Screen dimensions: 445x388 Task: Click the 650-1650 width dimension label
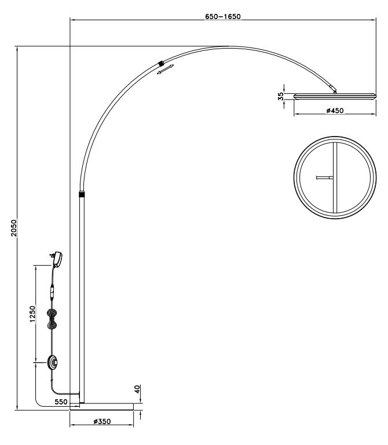223,17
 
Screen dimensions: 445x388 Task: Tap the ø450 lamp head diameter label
335,111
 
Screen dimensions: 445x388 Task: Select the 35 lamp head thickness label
281,97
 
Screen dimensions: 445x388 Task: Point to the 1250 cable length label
33,314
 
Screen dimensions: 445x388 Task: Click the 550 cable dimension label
61,401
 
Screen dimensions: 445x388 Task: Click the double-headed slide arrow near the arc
166,70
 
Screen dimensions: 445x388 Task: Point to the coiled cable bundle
53,318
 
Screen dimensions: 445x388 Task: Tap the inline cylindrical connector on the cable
53,290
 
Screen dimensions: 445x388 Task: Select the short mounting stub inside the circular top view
324,178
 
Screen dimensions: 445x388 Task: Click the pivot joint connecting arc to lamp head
333,89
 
